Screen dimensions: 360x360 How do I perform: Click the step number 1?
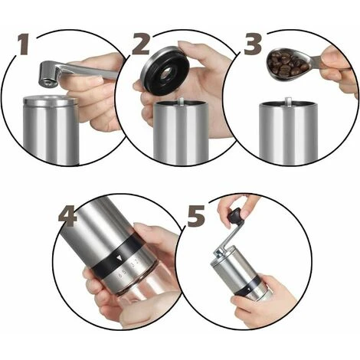tap(24, 44)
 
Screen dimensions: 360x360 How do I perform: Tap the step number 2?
tap(140, 44)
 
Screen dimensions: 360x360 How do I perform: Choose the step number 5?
tap(195, 216)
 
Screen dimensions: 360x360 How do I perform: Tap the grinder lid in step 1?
tap(48, 100)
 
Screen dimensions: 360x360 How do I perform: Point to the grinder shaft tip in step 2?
tap(178, 100)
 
